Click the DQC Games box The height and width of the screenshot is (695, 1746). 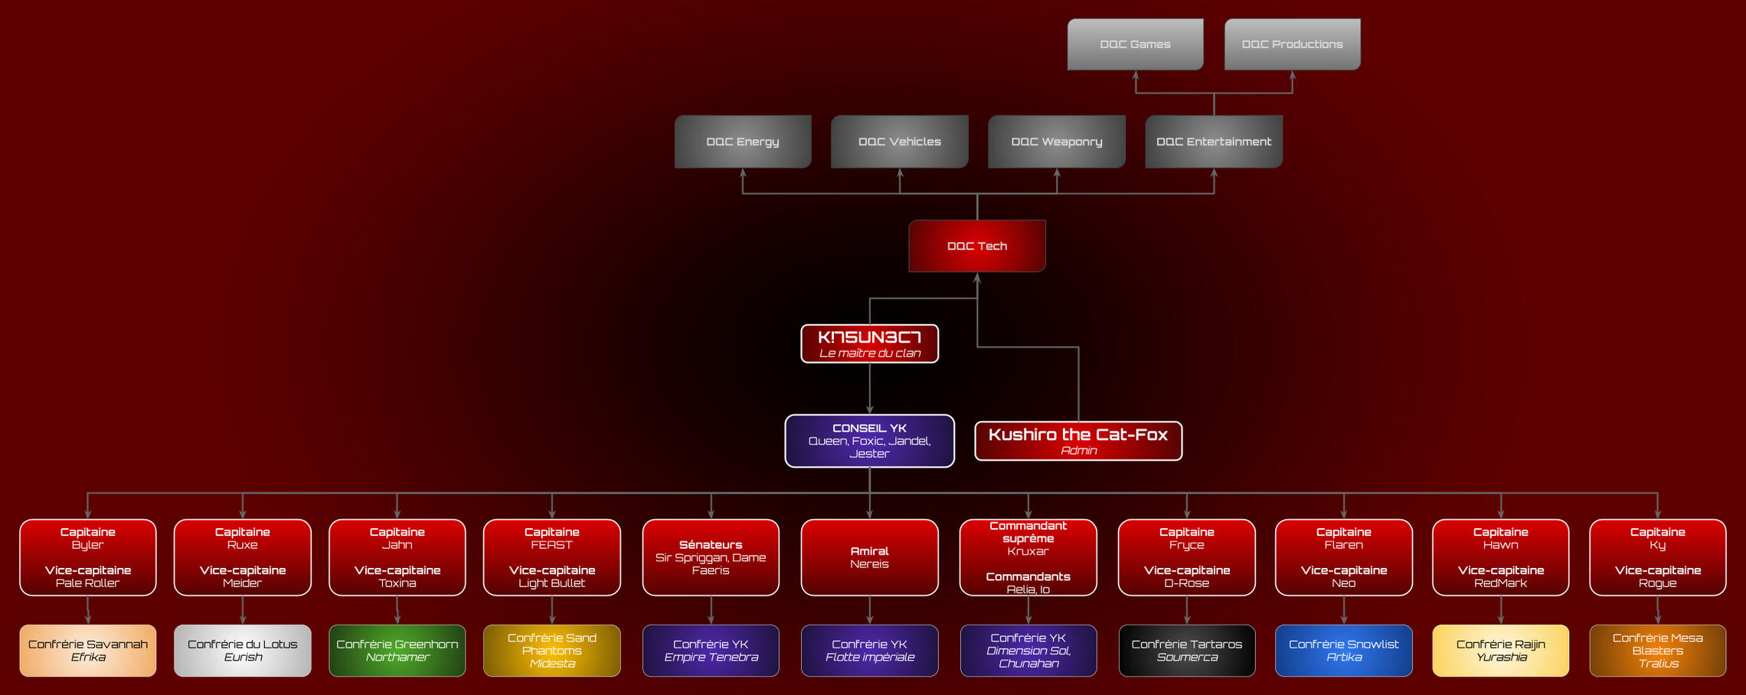1135,44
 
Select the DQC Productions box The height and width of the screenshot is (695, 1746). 1292,44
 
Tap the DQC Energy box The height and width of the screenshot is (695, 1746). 742,142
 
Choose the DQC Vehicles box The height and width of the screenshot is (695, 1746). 899,142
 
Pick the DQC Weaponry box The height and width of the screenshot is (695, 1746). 1056,142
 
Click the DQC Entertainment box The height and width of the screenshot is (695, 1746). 1213,142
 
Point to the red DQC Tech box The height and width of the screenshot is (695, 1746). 976,246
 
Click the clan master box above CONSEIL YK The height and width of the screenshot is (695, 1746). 869,344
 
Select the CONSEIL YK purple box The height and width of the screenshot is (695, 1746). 869,441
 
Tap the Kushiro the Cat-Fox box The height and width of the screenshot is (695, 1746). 1077,441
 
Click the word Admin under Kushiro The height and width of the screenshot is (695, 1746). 1078,451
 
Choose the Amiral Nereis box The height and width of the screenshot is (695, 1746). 869,557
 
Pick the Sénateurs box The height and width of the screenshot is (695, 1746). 711,557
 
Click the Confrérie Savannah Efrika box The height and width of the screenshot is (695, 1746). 88,651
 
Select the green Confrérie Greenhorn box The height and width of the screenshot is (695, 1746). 397,651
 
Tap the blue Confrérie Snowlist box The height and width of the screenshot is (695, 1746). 1343,651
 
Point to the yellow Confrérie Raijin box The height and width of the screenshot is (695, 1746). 1500,651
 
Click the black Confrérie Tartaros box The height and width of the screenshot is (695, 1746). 1186,651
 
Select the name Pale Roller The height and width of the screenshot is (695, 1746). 87,583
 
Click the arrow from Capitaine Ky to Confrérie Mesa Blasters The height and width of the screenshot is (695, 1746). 1657,611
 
